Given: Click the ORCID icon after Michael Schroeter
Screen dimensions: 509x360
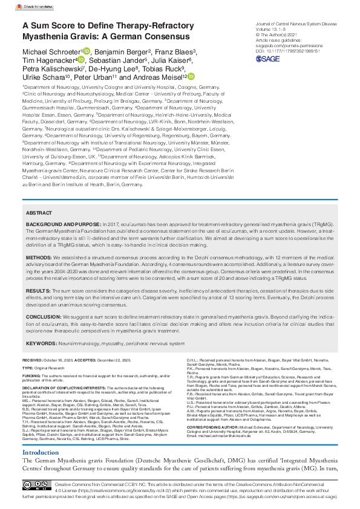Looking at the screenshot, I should pyautogui.click(x=87, y=51).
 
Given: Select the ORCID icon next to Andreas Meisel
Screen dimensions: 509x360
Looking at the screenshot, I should pyautogui.click(x=191, y=77).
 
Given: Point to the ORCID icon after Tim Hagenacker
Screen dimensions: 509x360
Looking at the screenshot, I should pyautogui.click(x=81, y=60).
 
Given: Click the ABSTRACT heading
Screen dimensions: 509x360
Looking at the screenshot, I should pyautogui.click(x=39, y=213).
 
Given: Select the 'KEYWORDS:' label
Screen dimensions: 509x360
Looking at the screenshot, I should pyautogui.click(x=41, y=344).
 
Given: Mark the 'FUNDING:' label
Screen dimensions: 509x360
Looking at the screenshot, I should pyautogui.click(x=33, y=376).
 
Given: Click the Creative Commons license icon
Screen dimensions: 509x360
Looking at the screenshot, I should pyautogui.click(x=37, y=485).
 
